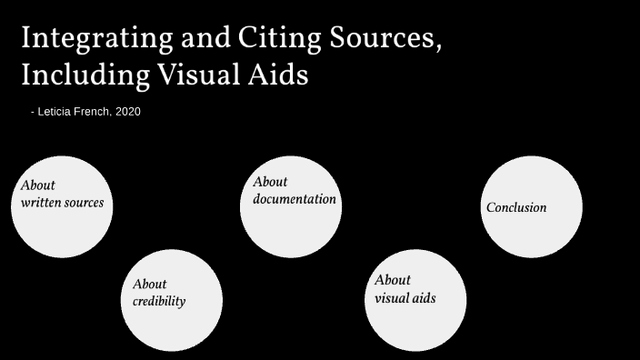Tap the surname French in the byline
[97, 112]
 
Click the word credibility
[159, 302]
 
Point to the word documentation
[295, 199]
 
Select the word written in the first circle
[40, 202]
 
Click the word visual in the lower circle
[391, 297]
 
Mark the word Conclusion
[516, 207]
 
